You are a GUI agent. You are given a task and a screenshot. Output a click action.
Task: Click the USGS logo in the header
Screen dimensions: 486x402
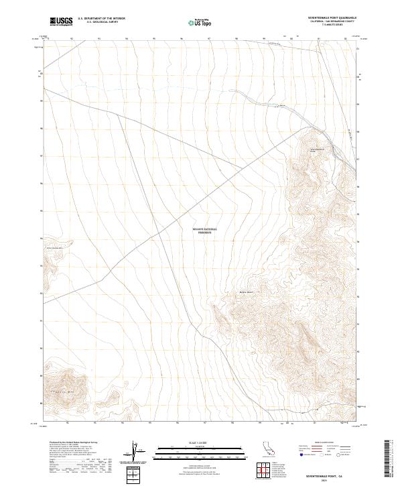[60, 21]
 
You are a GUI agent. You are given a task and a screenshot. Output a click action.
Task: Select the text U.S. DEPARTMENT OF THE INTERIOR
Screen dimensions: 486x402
[101, 19]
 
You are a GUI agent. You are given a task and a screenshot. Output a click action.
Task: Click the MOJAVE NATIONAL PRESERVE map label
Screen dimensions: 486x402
[206, 231]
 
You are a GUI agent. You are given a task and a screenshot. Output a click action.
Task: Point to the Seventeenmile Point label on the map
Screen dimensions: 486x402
[316, 149]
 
